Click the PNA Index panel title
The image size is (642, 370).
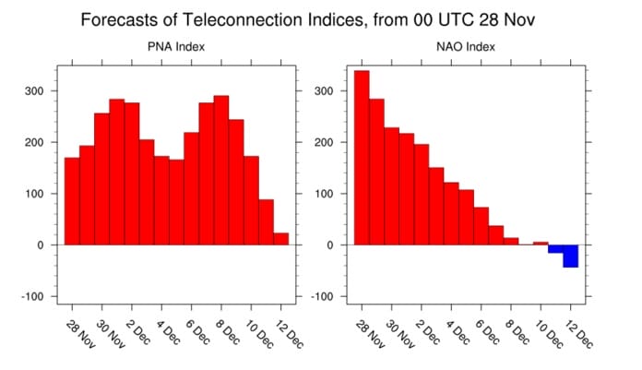[x=176, y=47]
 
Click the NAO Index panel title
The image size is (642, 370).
[x=469, y=47]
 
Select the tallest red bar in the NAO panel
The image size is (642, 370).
[x=362, y=157]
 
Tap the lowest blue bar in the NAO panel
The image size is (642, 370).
[x=570, y=256]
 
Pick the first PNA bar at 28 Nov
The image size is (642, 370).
[x=72, y=201]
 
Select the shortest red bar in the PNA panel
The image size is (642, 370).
[x=280, y=239]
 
